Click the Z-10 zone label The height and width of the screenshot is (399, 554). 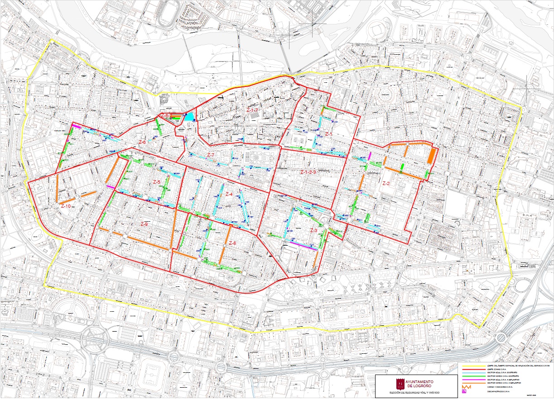point(66,206)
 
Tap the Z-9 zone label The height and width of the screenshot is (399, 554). point(145,224)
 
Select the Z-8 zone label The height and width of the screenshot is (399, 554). point(232,243)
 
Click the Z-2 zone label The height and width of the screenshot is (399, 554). point(386,184)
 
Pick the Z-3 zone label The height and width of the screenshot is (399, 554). point(313,230)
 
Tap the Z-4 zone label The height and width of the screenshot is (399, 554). point(229,194)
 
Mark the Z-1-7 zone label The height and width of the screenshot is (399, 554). point(252,110)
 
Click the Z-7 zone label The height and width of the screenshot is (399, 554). point(210,155)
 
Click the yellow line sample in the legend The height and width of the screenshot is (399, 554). point(469,366)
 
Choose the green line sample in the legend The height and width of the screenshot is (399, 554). point(469,375)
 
